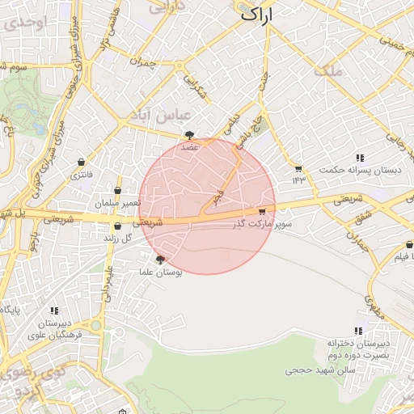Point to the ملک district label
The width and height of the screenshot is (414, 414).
coord(332,71)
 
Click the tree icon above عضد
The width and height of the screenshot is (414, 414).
coord(189,135)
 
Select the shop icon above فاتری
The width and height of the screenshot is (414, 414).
coord(81,162)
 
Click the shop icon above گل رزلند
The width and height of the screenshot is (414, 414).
coord(119,226)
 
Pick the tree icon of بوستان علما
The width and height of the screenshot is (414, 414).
coord(160,260)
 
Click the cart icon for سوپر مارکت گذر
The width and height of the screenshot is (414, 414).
coord(261,211)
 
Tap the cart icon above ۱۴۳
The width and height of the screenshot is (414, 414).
coord(299,168)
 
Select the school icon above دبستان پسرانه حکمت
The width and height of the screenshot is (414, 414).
coord(359,158)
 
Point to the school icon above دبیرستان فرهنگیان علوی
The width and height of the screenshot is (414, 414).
coord(54,310)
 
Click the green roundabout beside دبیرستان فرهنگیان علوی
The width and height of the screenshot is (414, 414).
coord(96,325)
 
